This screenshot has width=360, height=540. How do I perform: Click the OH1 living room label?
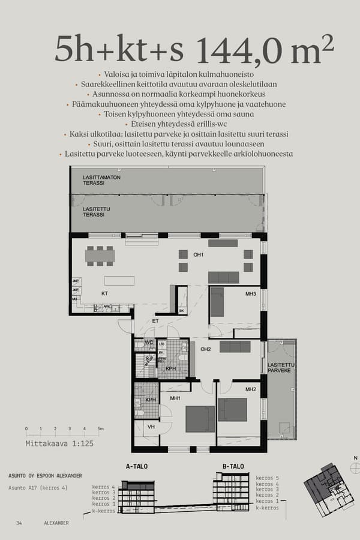click(199, 255)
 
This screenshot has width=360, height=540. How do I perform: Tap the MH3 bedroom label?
click(250, 293)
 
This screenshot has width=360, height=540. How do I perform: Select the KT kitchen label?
click(104, 293)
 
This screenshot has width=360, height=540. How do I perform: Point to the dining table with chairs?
click(100, 256)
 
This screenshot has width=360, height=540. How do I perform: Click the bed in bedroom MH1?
click(200, 418)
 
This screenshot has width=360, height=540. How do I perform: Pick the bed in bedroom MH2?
click(232, 409)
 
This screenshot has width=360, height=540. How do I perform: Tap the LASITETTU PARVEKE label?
click(280, 368)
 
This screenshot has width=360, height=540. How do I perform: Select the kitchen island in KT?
click(119, 280)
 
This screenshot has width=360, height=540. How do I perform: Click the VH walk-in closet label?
click(151, 427)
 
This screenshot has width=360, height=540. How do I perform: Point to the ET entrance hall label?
click(155, 321)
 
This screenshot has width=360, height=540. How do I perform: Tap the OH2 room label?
click(206, 349)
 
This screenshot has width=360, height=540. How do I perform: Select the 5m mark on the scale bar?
click(100, 429)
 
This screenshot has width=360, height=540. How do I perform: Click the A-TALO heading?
click(137, 466)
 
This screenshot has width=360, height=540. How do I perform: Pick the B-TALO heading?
click(233, 466)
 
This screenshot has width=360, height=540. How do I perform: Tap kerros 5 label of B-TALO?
click(268, 478)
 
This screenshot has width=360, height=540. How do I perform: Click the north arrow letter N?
click(355, 458)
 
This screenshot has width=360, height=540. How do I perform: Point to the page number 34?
click(19, 523)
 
